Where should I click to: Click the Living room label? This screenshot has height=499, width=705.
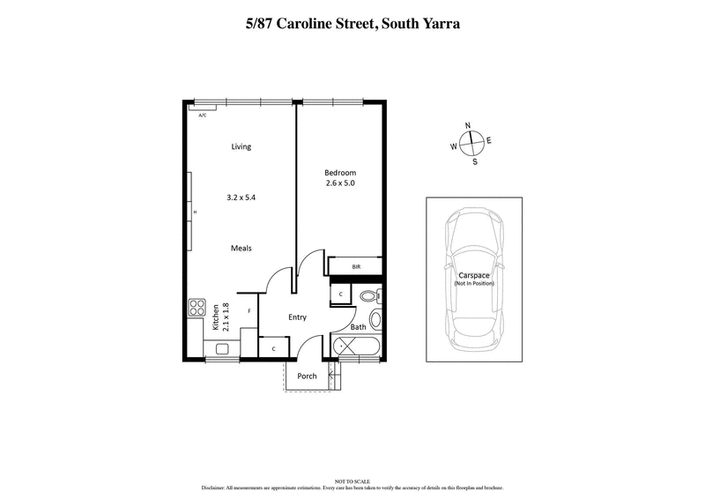[x=241, y=146]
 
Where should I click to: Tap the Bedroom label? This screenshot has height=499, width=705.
[x=340, y=171]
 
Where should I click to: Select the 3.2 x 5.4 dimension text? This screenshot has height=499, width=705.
[x=241, y=198]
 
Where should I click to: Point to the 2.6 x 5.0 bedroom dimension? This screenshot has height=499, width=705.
[x=340, y=183]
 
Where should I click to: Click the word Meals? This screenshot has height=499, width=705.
[x=241, y=249]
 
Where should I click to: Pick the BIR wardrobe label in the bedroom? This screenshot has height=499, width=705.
[x=356, y=265]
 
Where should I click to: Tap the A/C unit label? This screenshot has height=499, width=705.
[x=203, y=115]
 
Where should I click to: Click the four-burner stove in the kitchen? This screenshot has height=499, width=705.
[x=197, y=309]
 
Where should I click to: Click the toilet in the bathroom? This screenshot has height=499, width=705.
[x=375, y=294]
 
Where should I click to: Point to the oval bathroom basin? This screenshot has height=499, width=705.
[x=375, y=318]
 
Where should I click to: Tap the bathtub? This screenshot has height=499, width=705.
[x=357, y=346]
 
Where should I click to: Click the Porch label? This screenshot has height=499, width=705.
[x=307, y=376]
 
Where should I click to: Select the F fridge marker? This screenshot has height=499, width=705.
[x=249, y=311]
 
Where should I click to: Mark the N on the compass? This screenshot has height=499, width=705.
[x=468, y=126]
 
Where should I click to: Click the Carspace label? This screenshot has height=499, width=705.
[x=474, y=274]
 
